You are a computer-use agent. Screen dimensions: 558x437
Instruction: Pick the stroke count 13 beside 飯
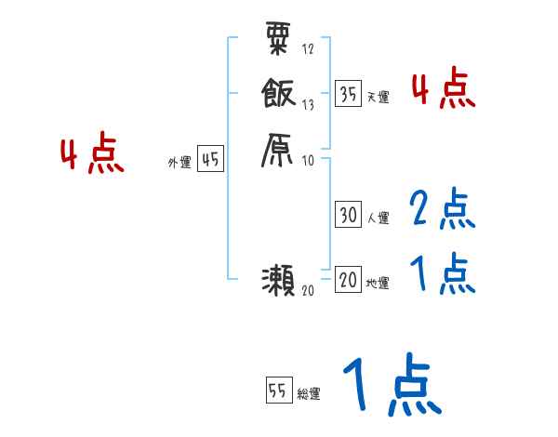pyautogui.click(x=308, y=105)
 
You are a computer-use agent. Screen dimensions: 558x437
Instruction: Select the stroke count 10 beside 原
pyautogui.click(x=308, y=160)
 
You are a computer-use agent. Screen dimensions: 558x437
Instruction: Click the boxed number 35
pyautogui.click(x=349, y=94)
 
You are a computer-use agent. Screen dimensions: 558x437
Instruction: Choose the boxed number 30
pyautogui.click(x=349, y=215)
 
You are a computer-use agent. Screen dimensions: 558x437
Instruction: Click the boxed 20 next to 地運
pyautogui.click(x=349, y=280)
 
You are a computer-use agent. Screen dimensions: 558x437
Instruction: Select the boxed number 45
pyautogui.click(x=210, y=160)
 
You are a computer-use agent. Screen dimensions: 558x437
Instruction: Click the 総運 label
pyautogui.click(x=308, y=393)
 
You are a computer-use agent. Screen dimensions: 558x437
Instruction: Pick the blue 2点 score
pyautogui.click(x=441, y=209)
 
